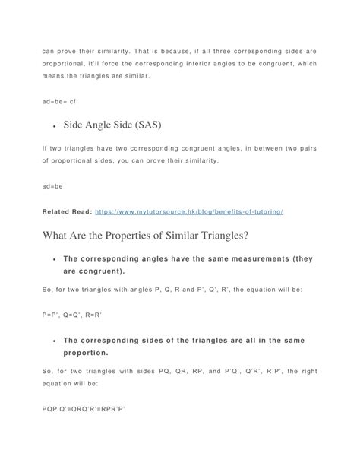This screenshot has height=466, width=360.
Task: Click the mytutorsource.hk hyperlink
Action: (195, 211)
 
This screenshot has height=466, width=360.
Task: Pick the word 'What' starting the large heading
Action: (58, 236)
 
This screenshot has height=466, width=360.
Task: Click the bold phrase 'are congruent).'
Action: (95, 271)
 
